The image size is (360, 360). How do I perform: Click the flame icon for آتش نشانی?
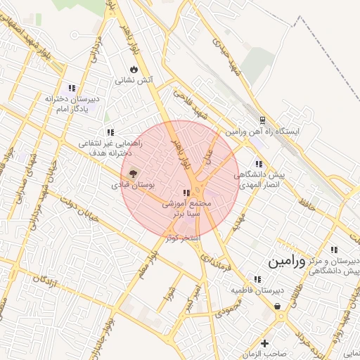click(133, 69)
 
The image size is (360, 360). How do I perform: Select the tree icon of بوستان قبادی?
click(132, 173)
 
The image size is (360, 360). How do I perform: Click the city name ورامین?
click(287, 262)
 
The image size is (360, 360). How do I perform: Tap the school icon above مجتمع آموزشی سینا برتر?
click(186, 192)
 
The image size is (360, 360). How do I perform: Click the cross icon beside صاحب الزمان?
click(264, 343)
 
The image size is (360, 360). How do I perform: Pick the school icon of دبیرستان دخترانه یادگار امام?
click(72, 87)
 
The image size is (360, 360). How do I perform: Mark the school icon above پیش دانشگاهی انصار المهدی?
click(259, 164)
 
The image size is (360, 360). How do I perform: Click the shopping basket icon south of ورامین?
click(279, 307)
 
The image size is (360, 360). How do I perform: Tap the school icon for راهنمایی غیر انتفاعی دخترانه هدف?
click(110, 131)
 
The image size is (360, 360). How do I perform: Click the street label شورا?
click(169, 293)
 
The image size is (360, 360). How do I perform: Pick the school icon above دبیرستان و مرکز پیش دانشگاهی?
click(334, 250)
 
